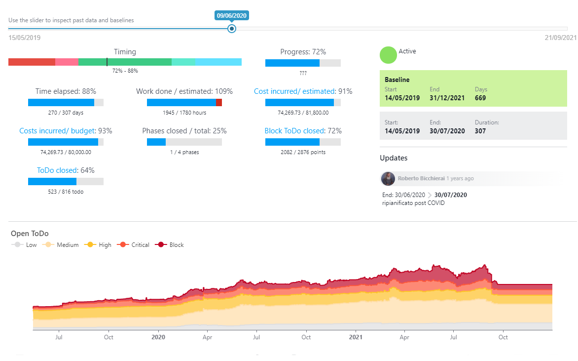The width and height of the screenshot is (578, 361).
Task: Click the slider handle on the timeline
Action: point(232,29)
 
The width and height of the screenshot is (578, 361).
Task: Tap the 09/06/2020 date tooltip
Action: point(231,15)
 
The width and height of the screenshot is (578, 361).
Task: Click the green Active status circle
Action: point(388,55)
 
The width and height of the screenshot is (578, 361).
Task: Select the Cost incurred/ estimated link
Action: point(294,91)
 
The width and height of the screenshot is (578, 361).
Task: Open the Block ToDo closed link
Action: point(294,131)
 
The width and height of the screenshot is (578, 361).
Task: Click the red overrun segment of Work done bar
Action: point(219,103)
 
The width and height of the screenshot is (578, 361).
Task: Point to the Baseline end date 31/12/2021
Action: point(447,98)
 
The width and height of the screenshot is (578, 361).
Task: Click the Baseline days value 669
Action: point(480,98)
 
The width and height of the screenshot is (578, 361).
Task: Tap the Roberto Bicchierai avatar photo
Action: point(388,178)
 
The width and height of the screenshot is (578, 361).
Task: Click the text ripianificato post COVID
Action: point(413,203)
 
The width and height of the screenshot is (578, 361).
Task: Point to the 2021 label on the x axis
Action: point(355,337)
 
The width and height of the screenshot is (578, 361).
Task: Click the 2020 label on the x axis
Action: point(158,337)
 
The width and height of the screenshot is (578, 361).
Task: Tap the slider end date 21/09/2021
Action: point(560,38)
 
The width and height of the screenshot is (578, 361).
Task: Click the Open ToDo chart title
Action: point(30,234)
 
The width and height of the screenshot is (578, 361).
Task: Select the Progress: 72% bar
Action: point(303,63)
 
